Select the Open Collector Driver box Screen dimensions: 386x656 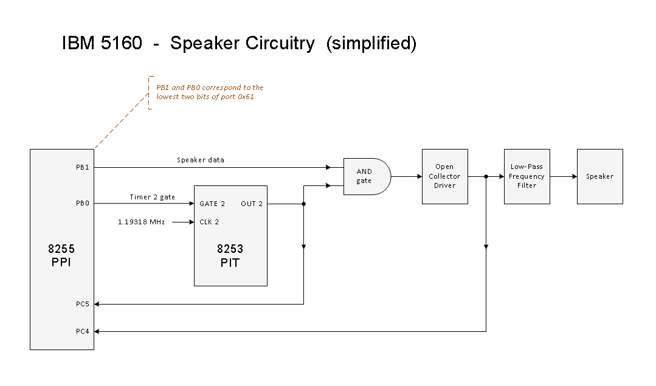444,176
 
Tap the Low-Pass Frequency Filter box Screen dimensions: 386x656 527,176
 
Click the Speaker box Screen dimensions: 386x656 599,176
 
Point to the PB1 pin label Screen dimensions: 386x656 83,167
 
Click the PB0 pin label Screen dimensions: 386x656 83,204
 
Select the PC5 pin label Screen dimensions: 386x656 83,304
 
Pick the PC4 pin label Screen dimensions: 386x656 83,331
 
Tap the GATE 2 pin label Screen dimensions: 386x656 212,204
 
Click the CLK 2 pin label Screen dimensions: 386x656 209,222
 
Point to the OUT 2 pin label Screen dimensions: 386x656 252,204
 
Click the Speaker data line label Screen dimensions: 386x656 200,160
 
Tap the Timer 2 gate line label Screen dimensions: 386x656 152,197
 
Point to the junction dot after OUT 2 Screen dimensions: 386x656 303,204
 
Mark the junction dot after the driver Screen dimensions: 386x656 486,176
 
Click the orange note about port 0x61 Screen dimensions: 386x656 209,92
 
